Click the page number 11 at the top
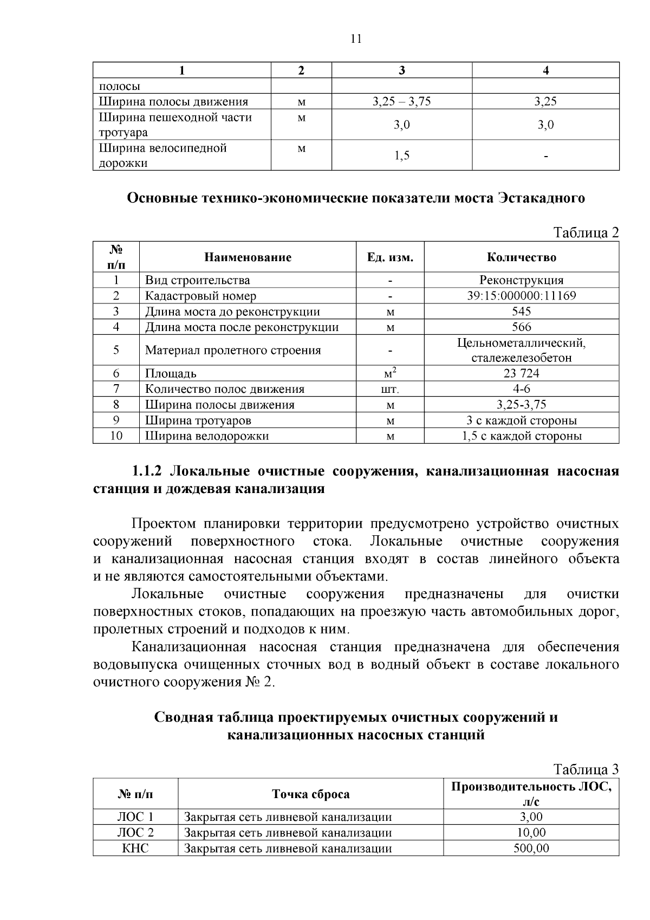coord(356,38)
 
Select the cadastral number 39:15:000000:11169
coord(521,296)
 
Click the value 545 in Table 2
coord(521,312)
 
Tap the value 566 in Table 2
coord(521,327)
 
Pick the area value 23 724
coord(521,373)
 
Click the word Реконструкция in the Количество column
coord(521,280)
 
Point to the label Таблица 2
coord(586,233)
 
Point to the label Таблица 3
coord(586,770)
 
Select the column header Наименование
coord(248,257)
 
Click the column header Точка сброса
coord(310,794)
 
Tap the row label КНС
coord(135,848)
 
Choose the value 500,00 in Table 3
coord(531,848)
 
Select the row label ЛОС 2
coord(135,832)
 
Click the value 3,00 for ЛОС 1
coord(531,817)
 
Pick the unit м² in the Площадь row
coord(390,373)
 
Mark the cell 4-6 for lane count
coord(521,389)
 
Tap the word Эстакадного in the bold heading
coord(540,198)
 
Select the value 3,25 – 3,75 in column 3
coord(401,101)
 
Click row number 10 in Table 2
coord(116,436)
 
